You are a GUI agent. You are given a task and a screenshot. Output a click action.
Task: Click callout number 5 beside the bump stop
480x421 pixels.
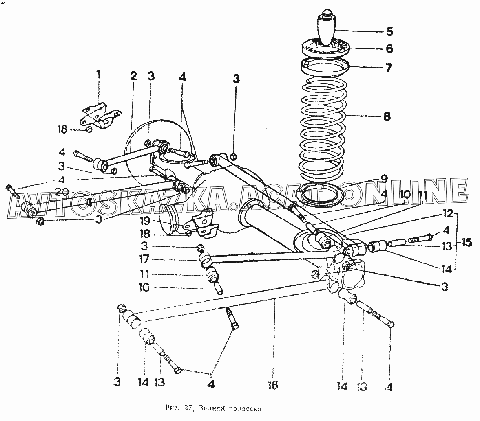coord(389,32)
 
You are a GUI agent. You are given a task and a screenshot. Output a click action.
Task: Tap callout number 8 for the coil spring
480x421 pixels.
coord(387,116)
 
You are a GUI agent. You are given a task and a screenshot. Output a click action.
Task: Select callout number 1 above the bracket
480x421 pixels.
coord(98,75)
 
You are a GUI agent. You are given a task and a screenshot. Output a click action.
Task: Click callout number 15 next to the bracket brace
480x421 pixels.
coord(467,243)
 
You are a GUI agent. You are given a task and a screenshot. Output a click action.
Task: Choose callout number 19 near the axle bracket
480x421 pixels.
coord(145,221)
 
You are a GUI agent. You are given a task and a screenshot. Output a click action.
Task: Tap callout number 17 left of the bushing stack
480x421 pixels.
coord(144,259)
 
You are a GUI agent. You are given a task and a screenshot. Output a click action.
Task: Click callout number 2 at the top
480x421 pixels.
coord(133,76)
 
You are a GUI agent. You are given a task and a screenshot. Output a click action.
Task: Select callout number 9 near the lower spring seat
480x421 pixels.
coord(384,179)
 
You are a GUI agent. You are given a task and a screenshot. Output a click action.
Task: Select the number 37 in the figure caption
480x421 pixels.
coord(188,408)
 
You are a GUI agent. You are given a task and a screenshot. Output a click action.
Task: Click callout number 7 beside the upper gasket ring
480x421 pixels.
coord(388,68)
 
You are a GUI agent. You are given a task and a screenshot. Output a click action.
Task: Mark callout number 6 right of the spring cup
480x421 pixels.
coord(389,49)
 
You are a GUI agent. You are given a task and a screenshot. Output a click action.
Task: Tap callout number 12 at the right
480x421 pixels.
coord(448,213)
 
